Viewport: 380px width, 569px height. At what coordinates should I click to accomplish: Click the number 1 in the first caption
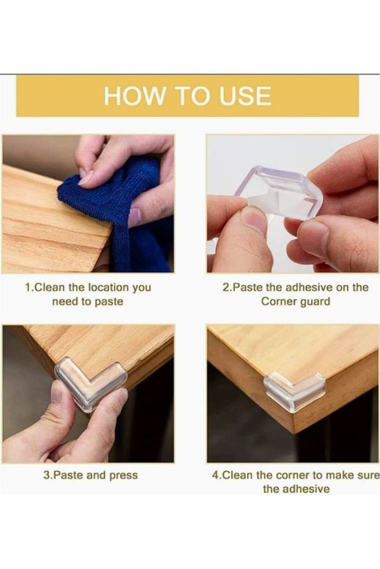point(28,288)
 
